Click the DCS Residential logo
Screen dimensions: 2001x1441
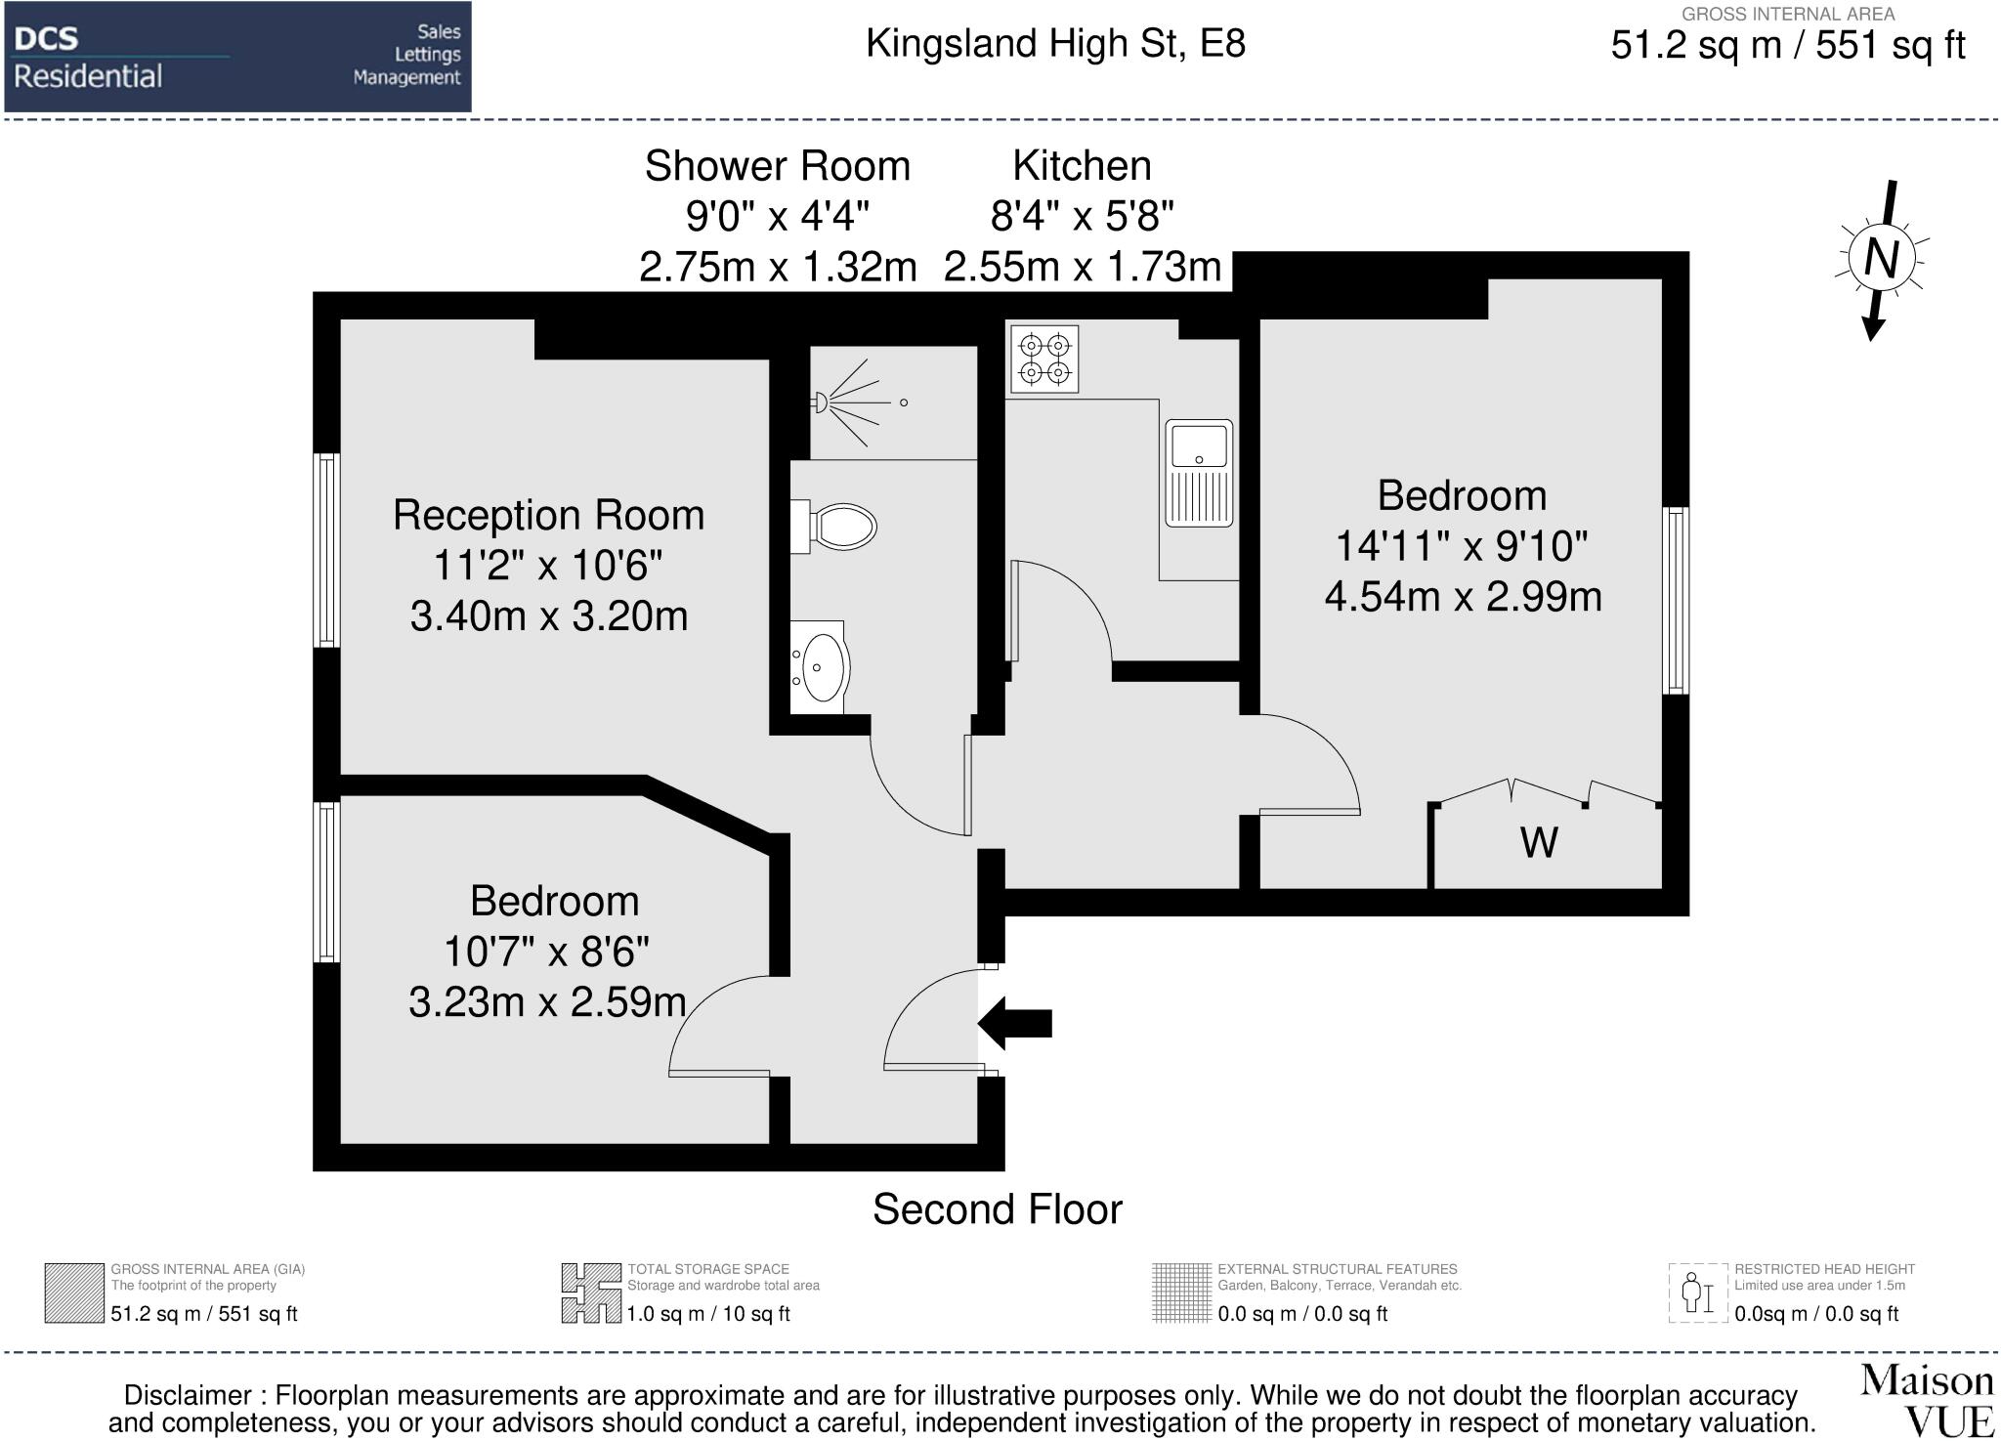(x=237, y=57)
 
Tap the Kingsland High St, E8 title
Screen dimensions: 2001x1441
(x=1055, y=44)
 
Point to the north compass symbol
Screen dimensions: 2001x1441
(x=1882, y=260)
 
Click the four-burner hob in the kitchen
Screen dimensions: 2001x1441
(x=1044, y=360)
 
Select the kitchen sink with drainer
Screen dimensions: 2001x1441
(x=1199, y=473)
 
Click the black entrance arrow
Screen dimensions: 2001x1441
(x=1014, y=1023)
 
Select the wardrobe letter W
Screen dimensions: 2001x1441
(x=1539, y=842)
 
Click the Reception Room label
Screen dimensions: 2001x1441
(x=548, y=515)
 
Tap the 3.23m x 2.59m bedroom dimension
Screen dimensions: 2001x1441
(x=547, y=1002)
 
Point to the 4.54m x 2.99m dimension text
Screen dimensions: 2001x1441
(x=1463, y=596)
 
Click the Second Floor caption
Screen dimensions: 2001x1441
(x=998, y=1209)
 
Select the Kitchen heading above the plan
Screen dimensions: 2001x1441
(x=1082, y=166)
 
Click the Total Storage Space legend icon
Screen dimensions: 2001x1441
(x=592, y=1293)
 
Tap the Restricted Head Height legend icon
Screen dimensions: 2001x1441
(x=1698, y=1293)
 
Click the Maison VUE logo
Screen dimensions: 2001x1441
(x=1927, y=1400)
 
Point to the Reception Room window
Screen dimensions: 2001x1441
(x=326, y=549)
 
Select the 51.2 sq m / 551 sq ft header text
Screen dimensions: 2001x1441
(x=1787, y=46)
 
